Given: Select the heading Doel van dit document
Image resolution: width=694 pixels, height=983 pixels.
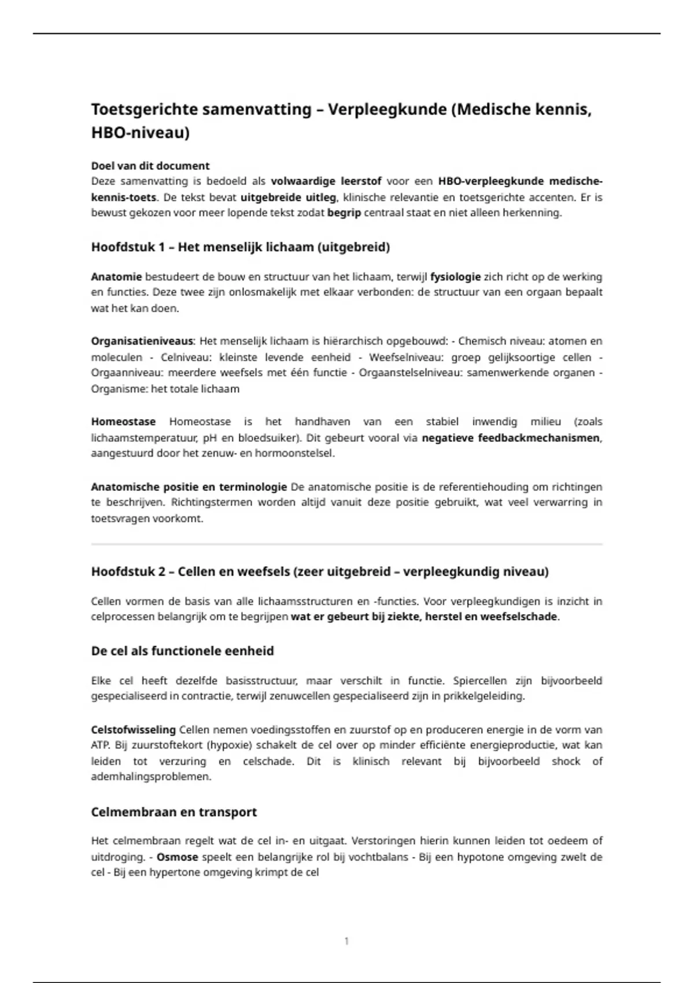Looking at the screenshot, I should pos(150,166).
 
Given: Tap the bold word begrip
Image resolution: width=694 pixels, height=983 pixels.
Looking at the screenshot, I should pos(344,213).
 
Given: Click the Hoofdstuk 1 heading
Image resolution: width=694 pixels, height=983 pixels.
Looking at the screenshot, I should pos(241,247).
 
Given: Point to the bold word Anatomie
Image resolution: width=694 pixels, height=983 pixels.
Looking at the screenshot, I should pos(116,277).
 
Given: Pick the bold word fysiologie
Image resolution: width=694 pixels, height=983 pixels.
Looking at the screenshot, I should pos(455,277).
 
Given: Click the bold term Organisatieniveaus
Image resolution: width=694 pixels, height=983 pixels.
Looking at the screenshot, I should pos(142,341).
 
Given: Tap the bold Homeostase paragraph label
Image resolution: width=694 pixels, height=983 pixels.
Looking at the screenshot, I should pos(123,422).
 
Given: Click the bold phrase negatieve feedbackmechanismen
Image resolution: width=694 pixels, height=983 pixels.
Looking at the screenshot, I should pos(511,438).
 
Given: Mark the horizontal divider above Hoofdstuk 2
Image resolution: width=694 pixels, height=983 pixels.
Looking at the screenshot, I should pos(347,544).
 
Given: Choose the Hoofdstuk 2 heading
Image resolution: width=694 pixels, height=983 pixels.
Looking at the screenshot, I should pos(320,572).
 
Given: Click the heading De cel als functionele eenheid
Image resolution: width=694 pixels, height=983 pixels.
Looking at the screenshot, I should pos(182,651).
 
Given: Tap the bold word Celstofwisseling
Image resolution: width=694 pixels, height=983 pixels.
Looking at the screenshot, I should pos(134,730).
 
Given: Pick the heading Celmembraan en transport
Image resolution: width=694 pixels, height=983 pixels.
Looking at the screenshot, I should pos(174,812).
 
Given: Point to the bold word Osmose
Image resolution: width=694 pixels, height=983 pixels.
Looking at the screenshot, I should pos(178,857).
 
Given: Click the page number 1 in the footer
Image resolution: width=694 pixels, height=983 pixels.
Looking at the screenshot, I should pos(346,941).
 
